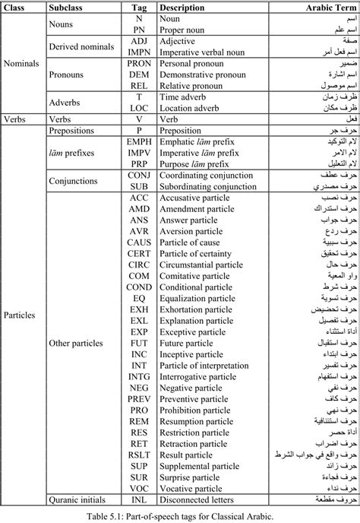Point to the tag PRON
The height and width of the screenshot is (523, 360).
click(x=139, y=64)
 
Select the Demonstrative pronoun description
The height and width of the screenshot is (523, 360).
click(x=203, y=75)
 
